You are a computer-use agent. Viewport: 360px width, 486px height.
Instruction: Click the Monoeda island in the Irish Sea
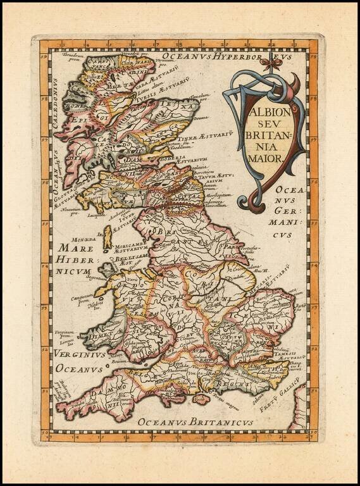[x=108, y=239]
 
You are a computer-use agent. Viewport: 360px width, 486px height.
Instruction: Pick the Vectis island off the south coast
[x=201, y=399]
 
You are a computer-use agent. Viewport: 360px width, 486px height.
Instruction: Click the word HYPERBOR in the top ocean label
[x=244, y=57]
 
